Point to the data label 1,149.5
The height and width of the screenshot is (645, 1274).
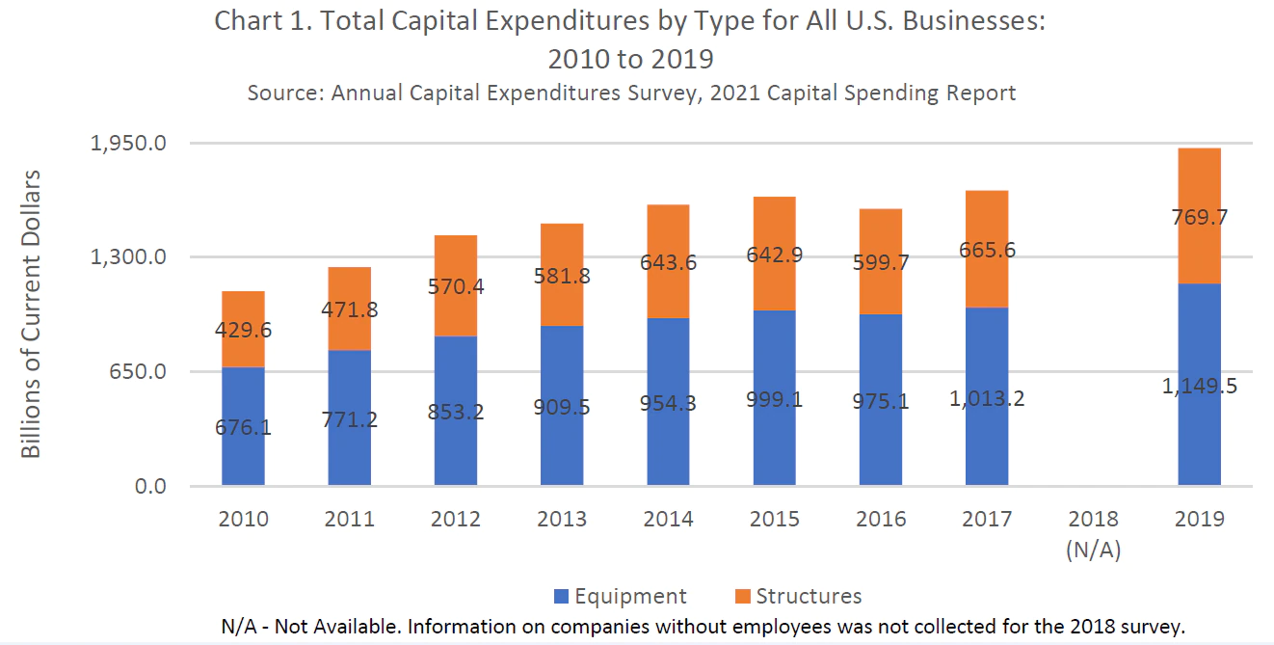(x=1200, y=387)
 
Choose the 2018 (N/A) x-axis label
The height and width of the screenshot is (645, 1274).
(x=1093, y=532)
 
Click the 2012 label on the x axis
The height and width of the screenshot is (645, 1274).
(x=456, y=519)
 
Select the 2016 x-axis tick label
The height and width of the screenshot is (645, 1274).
(x=881, y=519)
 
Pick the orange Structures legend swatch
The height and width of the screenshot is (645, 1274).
(x=743, y=597)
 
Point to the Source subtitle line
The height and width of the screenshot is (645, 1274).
(x=631, y=94)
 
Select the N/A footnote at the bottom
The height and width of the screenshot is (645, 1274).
(x=702, y=626)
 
